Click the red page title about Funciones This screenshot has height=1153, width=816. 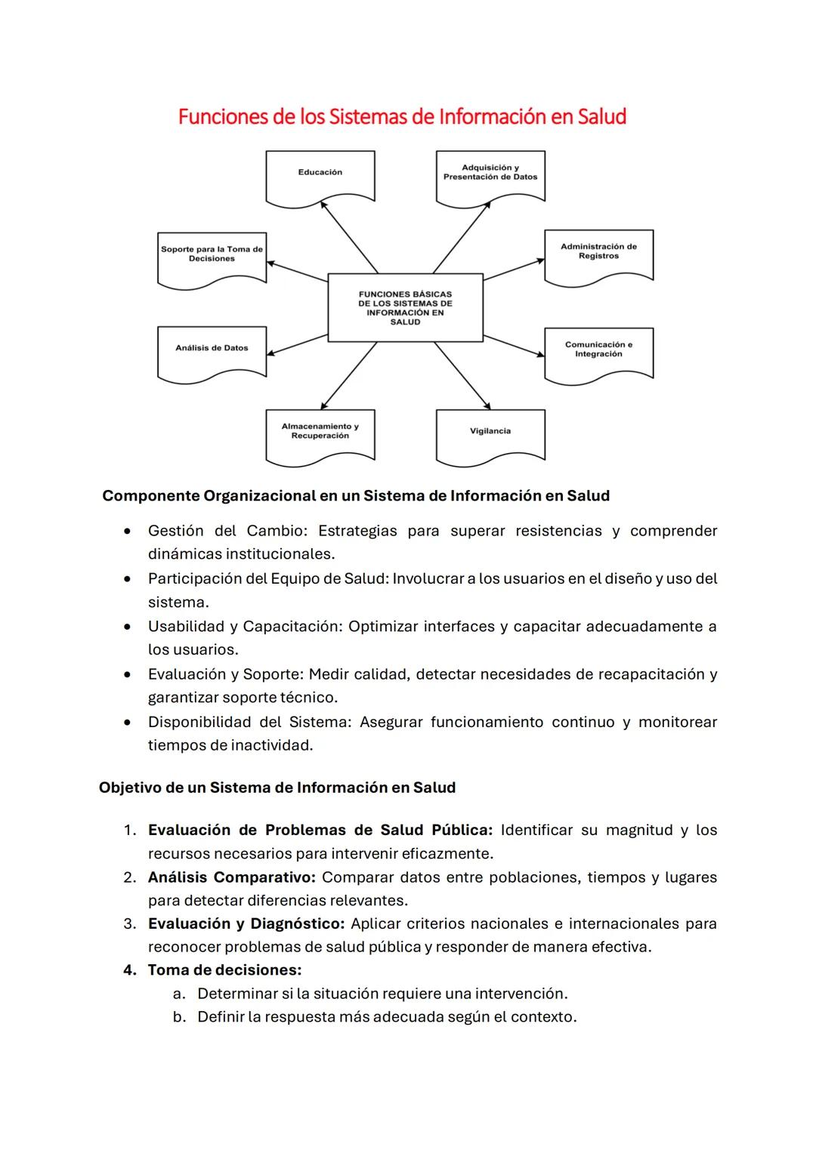pyautogui.click(x=402, y=117)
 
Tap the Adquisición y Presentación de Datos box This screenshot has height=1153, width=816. pyautogui.click(x=490, y=177)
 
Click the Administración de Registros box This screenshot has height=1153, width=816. pyautogui.click(x=598, y=255)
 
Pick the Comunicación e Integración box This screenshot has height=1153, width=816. pyautogui.click(x=598, y=352)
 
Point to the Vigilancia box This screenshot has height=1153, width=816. pyautogui.click(x=490, y=434)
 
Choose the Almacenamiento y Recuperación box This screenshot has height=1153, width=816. pyautogui.click(x=320, y=434)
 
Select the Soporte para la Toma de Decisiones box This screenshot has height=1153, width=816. pyautogui.click(x=212, y=257)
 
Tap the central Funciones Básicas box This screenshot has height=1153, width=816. pyautogui.click(x=405, y=307)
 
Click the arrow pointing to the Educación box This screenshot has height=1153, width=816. pyautogui.click(x=349, y=236)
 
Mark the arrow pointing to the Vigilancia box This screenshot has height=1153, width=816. pyautogui.click(x=462, y=376)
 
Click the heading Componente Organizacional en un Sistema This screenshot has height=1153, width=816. pyautogui.click(x=356, y=496)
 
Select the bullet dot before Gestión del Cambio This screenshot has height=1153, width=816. pyautogui.click(x=130, y=532)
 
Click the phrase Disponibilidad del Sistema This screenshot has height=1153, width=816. pyautogui.click(x=249, y=723)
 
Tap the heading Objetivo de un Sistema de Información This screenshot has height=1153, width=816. pyautogui.click(x=277, y=788)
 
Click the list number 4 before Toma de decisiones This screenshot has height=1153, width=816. pyautogui.click(x=129, y=970)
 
